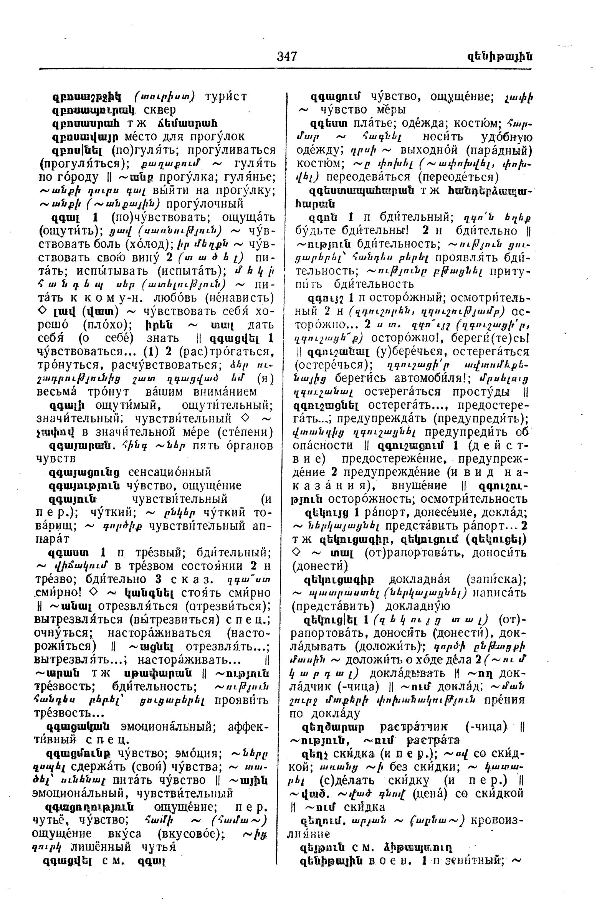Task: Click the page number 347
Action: point(287,56)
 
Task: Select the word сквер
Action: point(159,110)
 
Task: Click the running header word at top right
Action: point(499,57)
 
